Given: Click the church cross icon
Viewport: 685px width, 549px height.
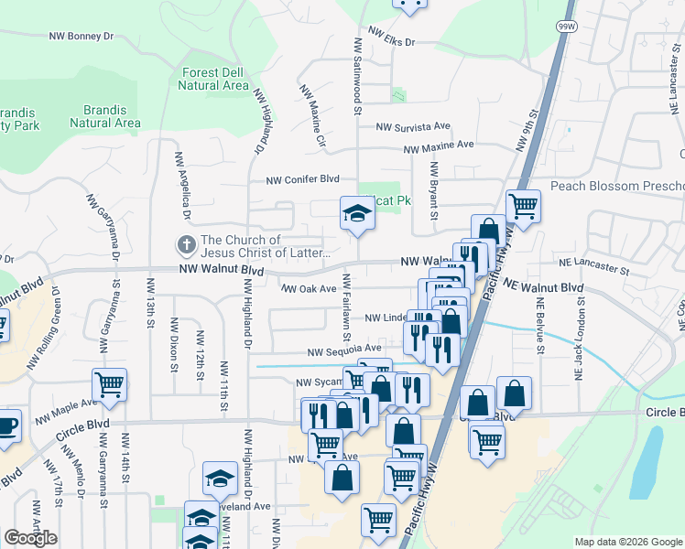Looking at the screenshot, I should pos(186,244).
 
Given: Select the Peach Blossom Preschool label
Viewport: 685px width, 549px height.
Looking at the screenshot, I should pos(616,186).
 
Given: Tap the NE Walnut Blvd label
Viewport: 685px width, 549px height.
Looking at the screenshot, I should pos(544,287).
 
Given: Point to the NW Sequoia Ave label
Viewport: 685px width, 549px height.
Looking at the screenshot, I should pos(343,350).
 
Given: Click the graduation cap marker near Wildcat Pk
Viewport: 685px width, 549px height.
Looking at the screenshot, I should pos(357,214).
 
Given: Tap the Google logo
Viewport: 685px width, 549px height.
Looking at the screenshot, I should pos(30,538).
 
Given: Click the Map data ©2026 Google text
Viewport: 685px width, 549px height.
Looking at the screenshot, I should pos(628,542).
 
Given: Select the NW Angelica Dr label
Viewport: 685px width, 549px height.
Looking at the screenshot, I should pos(178,187).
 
